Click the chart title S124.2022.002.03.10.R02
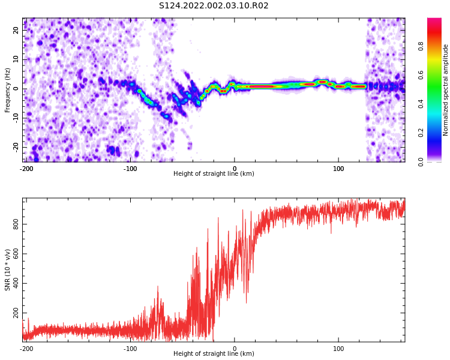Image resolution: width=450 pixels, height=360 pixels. (214, 5)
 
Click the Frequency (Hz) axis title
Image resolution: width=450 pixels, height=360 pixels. (7, 90)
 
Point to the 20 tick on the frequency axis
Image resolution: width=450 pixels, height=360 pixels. (16, 30)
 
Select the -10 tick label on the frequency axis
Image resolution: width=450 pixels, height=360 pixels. (16, 118)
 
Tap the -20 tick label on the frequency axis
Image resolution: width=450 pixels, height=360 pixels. (16, 147)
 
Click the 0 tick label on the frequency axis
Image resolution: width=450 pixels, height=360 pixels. (16, 89)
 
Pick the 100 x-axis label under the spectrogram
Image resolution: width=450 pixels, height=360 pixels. (338, 169)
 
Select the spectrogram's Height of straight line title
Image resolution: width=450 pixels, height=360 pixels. (214, 173)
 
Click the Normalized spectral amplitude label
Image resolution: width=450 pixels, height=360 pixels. (445, 90)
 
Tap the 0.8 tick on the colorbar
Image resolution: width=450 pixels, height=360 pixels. (421, 46)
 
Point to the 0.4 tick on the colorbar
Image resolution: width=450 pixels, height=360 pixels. (421, 104)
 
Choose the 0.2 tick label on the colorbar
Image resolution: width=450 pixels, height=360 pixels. (421, 133)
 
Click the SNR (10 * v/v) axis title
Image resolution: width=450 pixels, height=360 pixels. (7, 270)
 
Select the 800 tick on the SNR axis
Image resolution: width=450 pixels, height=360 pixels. (16, 224)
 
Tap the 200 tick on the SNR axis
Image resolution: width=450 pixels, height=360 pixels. (16, 313)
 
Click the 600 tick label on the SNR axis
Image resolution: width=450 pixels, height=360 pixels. (16, 253)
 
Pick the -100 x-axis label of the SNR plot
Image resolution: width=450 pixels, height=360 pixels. (131, 349)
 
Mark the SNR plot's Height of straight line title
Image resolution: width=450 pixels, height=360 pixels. (214, 353)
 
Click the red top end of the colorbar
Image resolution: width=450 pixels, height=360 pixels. (434, 19)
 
